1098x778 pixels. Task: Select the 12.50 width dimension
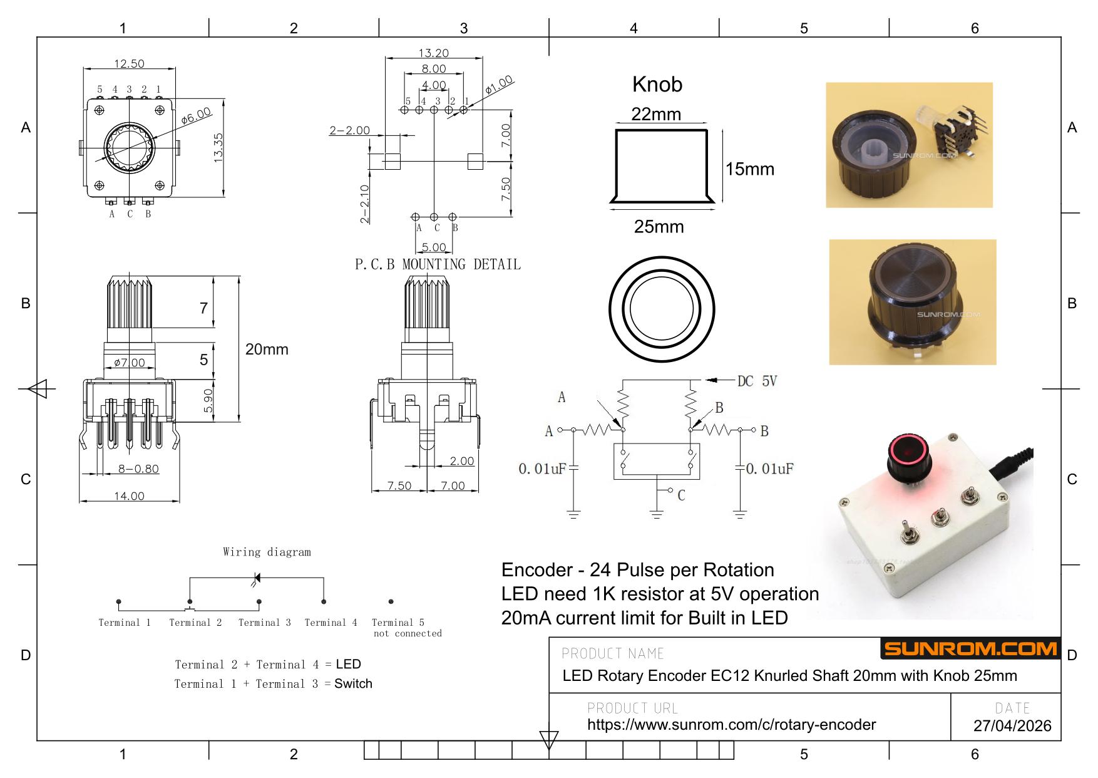pos(129,63)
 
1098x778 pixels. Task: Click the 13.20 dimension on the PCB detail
pos(434,53)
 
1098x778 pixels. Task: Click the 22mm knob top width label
pos(655,114)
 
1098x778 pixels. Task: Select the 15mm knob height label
pos(750,169)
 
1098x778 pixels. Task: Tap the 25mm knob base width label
pos(659,227)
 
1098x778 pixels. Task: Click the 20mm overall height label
pos(267,350)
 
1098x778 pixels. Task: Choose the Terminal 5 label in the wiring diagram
pos(398,622)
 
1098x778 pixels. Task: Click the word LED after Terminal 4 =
pos(348,664)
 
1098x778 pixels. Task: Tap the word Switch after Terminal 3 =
pos(353,683)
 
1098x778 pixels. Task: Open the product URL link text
pos(731,725)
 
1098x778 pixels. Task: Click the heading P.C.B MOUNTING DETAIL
pos(438,264)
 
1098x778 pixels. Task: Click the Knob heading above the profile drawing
pos(657,84)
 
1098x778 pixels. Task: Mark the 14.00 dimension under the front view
pos(129,496)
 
